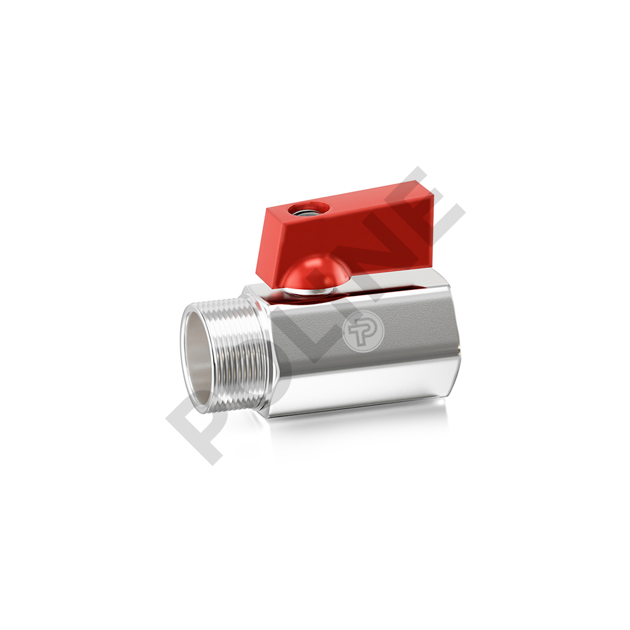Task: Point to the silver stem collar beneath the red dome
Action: click(x=307, y=292)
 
